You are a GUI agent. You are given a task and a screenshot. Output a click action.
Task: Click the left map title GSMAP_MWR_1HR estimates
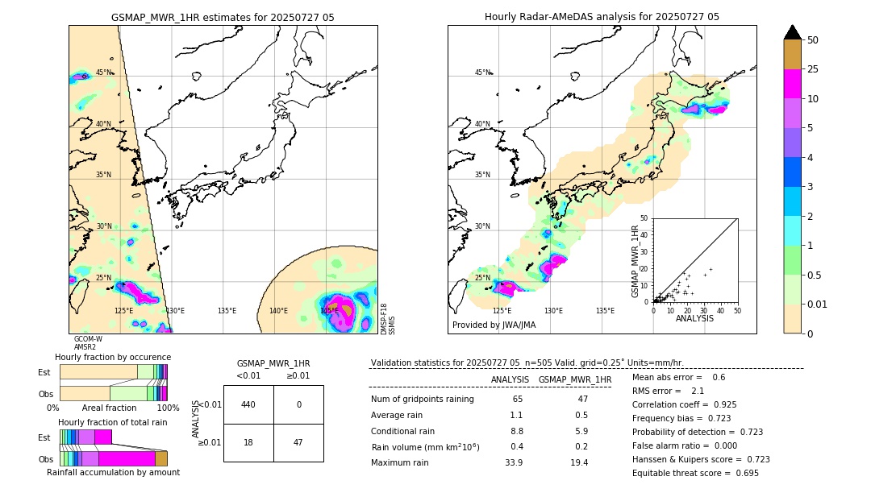click(223, 17)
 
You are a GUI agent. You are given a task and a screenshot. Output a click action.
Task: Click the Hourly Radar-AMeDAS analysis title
click(602, 17)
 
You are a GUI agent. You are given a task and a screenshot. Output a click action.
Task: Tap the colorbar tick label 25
click(813, 69)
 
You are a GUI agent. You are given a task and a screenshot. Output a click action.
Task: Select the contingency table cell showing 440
click(248, 404)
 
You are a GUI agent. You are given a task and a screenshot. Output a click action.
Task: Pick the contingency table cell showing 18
click(248, 442)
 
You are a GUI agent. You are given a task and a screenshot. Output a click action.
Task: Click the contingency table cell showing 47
click(298, 442)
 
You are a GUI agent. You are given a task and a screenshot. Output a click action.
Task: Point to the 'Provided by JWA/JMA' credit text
click(494, 325)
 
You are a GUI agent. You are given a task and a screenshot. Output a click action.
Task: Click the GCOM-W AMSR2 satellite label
click(87, 343)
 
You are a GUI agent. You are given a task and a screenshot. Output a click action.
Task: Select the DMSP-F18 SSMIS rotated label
click(388, 319)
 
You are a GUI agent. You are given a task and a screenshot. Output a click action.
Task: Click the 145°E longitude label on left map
click(329, 311)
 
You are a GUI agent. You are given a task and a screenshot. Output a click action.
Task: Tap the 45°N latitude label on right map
click(482, 72)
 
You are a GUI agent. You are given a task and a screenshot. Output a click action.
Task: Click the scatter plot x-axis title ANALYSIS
click(695, 318)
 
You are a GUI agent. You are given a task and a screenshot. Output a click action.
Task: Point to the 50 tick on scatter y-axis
click(644, 218)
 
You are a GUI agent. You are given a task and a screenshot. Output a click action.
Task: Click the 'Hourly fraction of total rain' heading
click(112, 422)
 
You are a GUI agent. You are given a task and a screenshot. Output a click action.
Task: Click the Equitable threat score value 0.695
click(741, 473)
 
